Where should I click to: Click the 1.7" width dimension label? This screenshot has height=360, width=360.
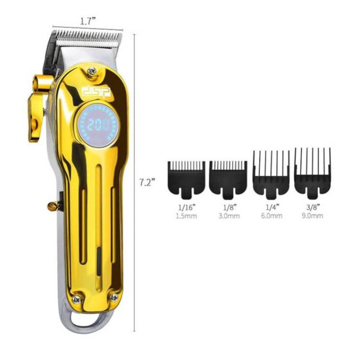87,21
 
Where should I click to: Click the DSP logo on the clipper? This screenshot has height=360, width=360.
96,92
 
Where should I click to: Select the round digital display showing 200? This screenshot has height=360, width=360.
97,125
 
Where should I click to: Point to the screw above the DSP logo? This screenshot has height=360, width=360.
92,71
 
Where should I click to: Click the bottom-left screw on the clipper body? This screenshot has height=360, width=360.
76,299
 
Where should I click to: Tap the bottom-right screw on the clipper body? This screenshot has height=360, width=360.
114,298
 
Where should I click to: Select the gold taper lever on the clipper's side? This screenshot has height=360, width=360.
38,108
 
